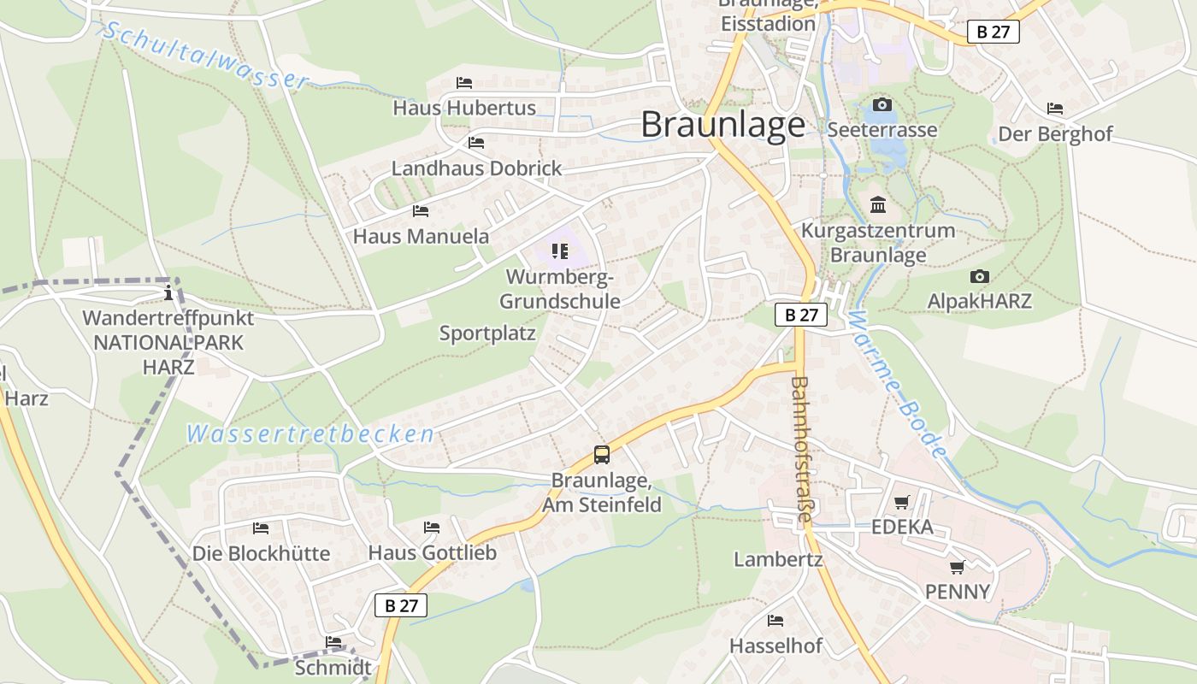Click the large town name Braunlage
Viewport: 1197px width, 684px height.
722,125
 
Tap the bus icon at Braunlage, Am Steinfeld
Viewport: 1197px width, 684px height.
602,455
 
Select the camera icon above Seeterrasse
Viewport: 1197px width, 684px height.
882,105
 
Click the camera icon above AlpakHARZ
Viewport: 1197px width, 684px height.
980,277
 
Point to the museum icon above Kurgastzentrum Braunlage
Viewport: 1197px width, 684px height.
878,205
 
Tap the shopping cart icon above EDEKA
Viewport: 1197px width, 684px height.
902,502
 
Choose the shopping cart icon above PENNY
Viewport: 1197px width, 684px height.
958,567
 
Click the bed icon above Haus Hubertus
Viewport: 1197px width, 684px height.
464,83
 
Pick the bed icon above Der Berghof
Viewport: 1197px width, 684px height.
1055,109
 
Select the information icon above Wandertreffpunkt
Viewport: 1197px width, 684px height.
168,293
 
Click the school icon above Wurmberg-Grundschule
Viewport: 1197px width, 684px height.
560,251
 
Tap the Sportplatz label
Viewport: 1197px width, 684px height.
487,333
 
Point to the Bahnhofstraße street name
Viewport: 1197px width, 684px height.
802,449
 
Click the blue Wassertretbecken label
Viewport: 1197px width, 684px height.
310,434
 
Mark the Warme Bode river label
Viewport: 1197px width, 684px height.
899,384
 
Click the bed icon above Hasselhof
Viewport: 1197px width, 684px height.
775,620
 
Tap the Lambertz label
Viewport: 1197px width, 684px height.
778,560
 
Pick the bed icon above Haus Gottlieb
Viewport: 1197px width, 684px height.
432,528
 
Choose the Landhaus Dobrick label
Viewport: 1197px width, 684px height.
476,168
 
